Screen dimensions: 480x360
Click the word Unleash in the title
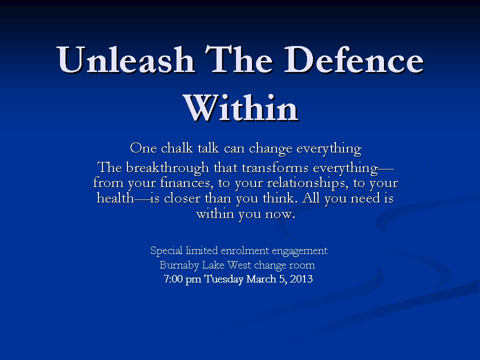tap(125, 59)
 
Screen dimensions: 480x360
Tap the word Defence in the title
tap(354, 59)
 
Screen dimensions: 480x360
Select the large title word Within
tap(240, 107)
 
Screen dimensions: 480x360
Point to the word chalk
tap(177, 148)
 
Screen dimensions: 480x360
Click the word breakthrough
tap(167, 168)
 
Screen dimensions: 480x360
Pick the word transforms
tap(275, 168)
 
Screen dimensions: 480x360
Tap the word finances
tap(185, 183)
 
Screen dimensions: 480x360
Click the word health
tap(115, 198)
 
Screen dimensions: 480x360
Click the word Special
tap(166, 250)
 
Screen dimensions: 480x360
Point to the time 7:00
tap(173, 279)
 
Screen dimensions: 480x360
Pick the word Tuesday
tap(224, 279)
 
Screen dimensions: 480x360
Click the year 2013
tap(301, 279)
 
